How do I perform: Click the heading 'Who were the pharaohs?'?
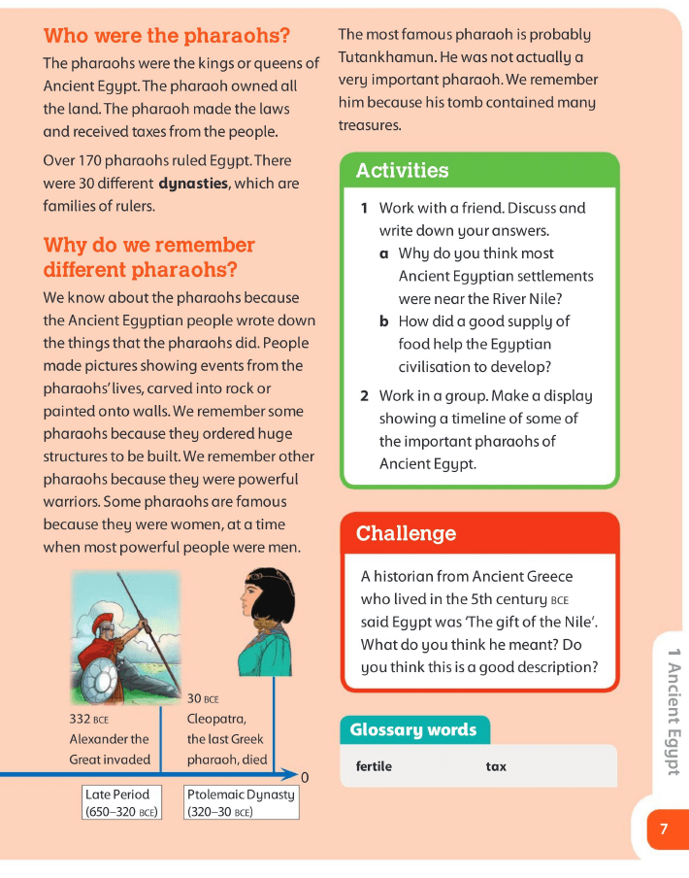[x=167, y=37]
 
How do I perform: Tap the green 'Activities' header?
[x=403, y=171]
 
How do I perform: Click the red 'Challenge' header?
[x=406, y=533]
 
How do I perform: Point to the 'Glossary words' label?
[x=413, y=729]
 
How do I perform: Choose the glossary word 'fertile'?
[x=375, y=766]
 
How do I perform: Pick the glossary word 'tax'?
[x=496, y=766]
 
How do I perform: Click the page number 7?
[x=664, y=829]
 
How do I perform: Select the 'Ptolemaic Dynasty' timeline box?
[x=240, y=802]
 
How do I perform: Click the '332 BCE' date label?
[x=89, y=720]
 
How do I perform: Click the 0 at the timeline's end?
[x=305, y=777]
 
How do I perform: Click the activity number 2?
[x=364, y=396]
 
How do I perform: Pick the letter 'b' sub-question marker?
[x=384, y=321]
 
